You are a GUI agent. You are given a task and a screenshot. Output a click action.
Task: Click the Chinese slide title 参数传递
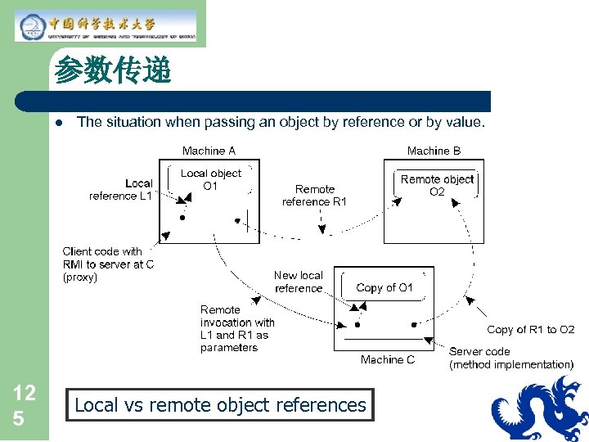[112, 71]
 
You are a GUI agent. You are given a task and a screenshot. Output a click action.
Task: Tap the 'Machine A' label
[209, 151]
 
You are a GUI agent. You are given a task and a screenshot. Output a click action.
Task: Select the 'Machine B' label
[434, 151]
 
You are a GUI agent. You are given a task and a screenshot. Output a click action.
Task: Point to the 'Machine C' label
[387, 359]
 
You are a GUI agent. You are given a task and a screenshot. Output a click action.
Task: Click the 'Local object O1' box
[211, 179]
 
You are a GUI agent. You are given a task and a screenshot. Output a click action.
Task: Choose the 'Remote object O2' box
[437, 185]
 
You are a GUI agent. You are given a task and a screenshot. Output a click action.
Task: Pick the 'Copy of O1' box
[384, 287]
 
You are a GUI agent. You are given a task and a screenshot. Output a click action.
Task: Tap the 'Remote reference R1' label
[315, 195]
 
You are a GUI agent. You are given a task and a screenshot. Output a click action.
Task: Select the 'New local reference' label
[299, 282]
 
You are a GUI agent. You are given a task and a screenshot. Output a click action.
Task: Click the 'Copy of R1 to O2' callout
[530, 330]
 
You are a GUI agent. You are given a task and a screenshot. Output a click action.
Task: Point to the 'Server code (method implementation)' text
[510, 358]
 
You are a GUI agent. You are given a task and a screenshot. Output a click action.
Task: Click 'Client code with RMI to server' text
[107, 264]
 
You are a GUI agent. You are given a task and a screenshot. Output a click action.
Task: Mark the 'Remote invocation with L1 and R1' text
[236, 328]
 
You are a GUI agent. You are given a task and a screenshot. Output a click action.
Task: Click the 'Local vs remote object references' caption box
[220, 405]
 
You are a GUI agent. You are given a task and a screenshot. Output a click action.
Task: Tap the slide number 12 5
[24, 405]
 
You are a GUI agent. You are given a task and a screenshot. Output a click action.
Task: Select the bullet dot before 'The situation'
[59, 123]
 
